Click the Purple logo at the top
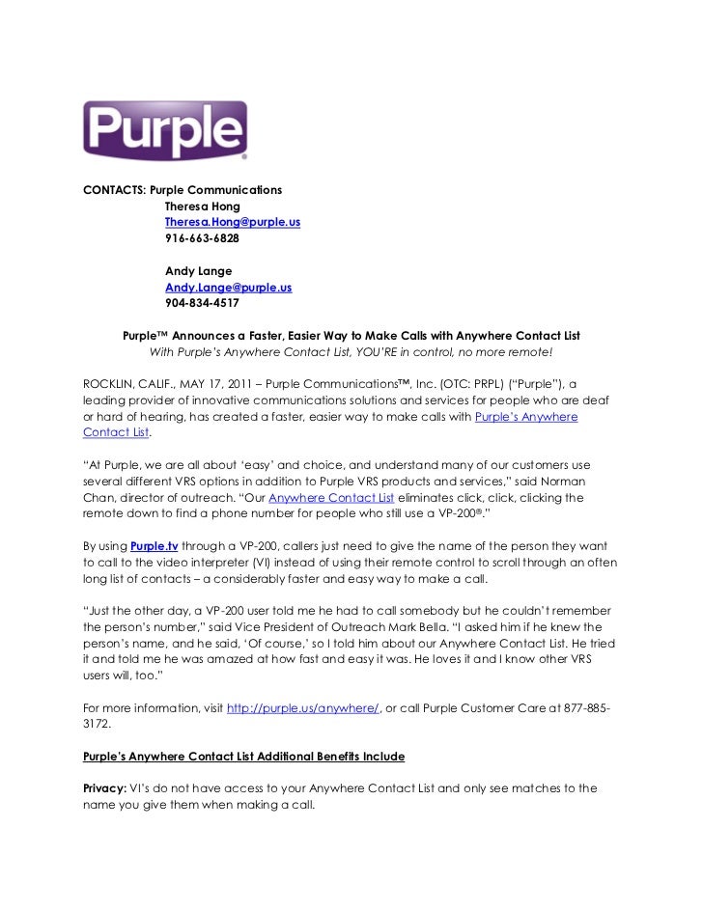click(x=165, y=130)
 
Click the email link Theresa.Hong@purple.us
click(x=232, y=222)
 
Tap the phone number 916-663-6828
click(x=202, y=238)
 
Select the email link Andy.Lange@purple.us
click(x=228, y=288)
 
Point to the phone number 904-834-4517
click(x=202, y=303)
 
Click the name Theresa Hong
click(x=202, y=207)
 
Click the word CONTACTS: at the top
click(x=115, y=190)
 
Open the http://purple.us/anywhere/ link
click(x=303, y=708)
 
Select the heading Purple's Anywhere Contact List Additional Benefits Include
click(x=244, y=757)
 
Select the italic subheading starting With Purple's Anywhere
click(x=351, y=352)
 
